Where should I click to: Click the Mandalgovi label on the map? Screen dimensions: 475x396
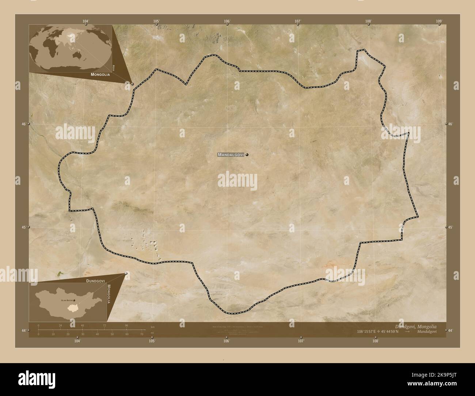pyautogui.click(x=231, y=155)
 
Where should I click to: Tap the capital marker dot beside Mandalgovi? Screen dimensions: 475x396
pyautogui.click(x=247, y=155)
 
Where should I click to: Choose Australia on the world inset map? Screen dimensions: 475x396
pyautogui.click(x=78, y=55)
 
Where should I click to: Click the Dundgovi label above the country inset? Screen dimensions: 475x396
pyautogui.click(x=96, y=281)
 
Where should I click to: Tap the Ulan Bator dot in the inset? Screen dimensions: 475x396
pyautogui.click(x=75, y=300)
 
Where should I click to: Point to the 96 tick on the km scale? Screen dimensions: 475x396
pyautogui.click(x=126, y=325)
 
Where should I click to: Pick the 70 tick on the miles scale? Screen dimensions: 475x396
pyautogui.click(x=141, y=334)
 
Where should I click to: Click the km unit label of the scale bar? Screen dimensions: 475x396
pyautogui.click(x=152, y=327)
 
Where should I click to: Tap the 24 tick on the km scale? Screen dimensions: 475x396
pyautogui.click(x=60, y=325)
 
